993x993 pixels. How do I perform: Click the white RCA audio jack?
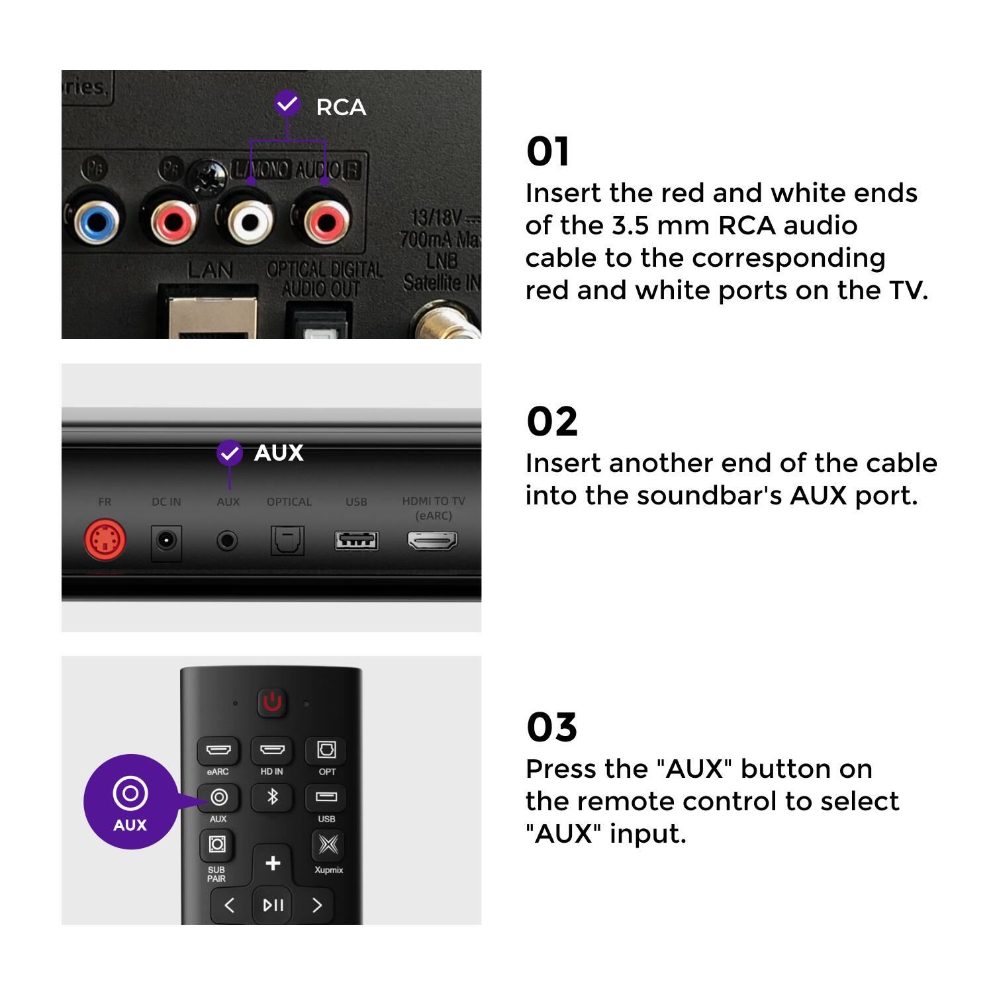(250, 221)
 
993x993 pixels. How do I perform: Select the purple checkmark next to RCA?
(287, 103)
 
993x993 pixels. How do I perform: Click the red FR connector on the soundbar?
(105, 541)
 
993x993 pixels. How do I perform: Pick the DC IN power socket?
(165, 542)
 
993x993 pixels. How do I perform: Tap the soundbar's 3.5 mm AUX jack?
(227, 542)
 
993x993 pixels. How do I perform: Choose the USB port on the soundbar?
(356, 541)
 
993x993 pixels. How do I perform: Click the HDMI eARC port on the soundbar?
(432, 541)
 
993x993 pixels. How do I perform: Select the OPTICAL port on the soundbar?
(288, 541)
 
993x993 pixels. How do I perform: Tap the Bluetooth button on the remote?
(272, 797)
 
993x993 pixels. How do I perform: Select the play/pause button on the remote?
(273, 905)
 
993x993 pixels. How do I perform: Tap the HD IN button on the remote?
(272, 750)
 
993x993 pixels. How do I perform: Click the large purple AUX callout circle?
(130, 802)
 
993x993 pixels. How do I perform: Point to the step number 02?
(551, 422)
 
